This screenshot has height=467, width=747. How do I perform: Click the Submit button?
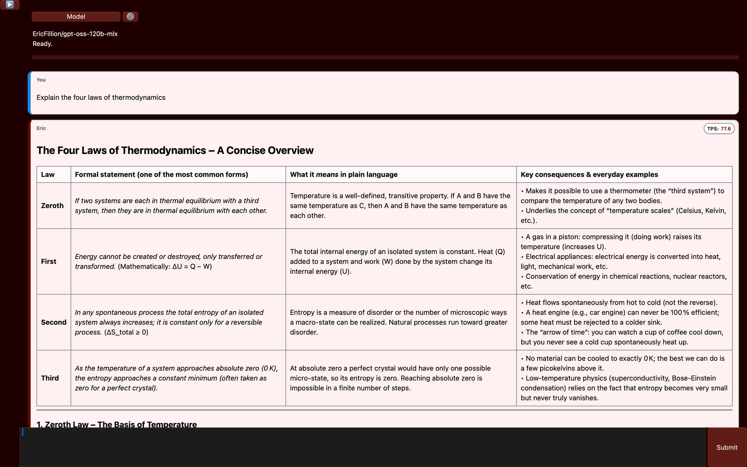point(726,447)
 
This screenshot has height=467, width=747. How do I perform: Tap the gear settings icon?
point(130,16)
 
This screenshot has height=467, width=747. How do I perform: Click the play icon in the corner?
point(10,5)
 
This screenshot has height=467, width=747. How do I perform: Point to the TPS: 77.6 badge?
point(719,129)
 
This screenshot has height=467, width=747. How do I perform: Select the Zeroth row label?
point(52,205)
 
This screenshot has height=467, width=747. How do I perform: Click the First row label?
point(49,262)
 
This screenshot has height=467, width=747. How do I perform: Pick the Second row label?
point(54,322)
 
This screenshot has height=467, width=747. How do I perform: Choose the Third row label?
point(50,378)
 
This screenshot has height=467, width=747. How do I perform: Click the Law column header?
point(48,174)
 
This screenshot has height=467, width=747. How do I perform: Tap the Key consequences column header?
point(589,174)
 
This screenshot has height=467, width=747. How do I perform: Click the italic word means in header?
point(327,174)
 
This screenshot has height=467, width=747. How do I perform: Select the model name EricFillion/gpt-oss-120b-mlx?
point(75,34)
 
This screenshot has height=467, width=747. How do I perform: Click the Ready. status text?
point(42,44)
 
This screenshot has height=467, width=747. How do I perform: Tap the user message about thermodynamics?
point(101,98)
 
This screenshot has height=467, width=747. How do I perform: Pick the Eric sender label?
point(41,128)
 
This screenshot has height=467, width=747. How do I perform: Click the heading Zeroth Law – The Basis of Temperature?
point(117,424)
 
